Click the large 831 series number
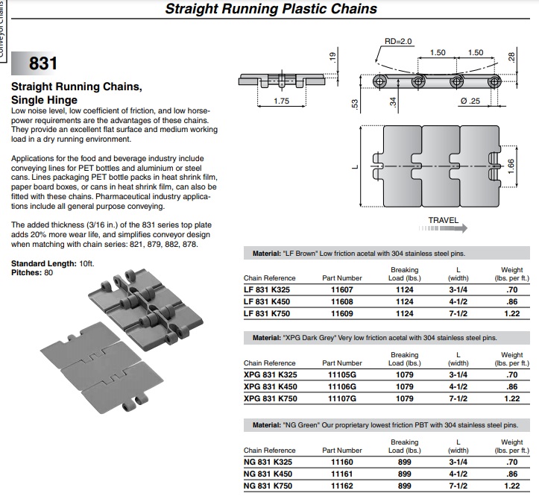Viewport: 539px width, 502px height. [x=43, y=63]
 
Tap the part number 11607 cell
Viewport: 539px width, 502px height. [x=341, y=289]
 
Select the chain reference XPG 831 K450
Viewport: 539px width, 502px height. [x=270, y=386]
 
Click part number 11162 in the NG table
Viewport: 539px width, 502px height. [x=341, y=486]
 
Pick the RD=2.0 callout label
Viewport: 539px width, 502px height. [x=398, y=42]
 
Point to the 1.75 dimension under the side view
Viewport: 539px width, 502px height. [x=281, y=101]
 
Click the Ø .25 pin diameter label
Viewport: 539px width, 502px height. [x=470, y=101]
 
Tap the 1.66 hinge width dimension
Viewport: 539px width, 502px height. [x=511, y=166]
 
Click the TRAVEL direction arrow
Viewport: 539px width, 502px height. [x=443, y=228]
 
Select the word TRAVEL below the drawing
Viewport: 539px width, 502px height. [x=443, y=220]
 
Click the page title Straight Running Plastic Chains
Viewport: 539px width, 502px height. [x=271, y=9]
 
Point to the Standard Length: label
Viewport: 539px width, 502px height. [x=44, y=264]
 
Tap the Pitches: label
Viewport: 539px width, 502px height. [x=27, y=273]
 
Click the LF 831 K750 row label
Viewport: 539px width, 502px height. [x=267, y=313]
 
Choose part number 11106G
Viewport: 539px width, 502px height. [x=341, y=386]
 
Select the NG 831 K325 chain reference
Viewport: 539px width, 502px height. [x=268, y=462]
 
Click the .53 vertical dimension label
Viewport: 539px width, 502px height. [x=355, y=104]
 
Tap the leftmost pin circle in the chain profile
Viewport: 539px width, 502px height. [x=380, y=82]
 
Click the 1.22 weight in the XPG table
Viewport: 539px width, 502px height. [x=512, y=398]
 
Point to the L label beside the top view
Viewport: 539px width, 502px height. [x=356, y=167]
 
